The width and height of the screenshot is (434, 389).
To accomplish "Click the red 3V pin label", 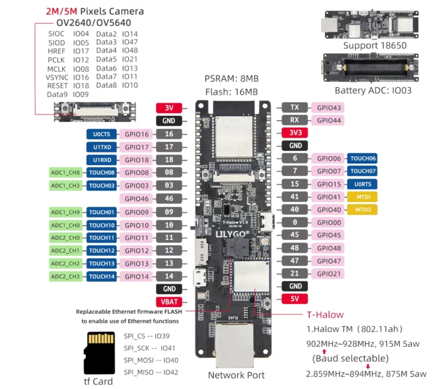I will pyautogui.click(x=169, y=108).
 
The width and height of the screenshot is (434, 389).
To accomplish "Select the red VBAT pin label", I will pyautogui.click(x=169, y=302).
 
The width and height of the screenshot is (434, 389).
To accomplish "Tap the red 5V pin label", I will pyautogui.click(x=295, y=299).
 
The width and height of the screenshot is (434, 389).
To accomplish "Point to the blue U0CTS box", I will pyautogui.click(x=102, y=134).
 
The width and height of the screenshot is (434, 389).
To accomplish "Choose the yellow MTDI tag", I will pyautogui.click(x=362, y=197).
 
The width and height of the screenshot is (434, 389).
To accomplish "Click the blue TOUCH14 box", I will pyautogui.click(x=102, y=276).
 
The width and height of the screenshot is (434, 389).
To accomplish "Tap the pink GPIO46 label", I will pyautogui.click(x=136, y=198).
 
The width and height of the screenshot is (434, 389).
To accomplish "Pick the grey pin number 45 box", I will pyautogui.click(x=295, y=235).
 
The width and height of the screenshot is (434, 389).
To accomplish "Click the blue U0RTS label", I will pyautogui.click(x=362, y=184).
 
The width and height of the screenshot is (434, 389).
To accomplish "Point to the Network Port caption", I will pyautogui.click(x=236, y=375).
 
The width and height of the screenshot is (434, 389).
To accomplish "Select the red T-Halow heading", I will pyautogui.click(x=325, y=314).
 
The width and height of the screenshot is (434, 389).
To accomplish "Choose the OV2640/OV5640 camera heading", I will pyautogui.click(x=93, y=22).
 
